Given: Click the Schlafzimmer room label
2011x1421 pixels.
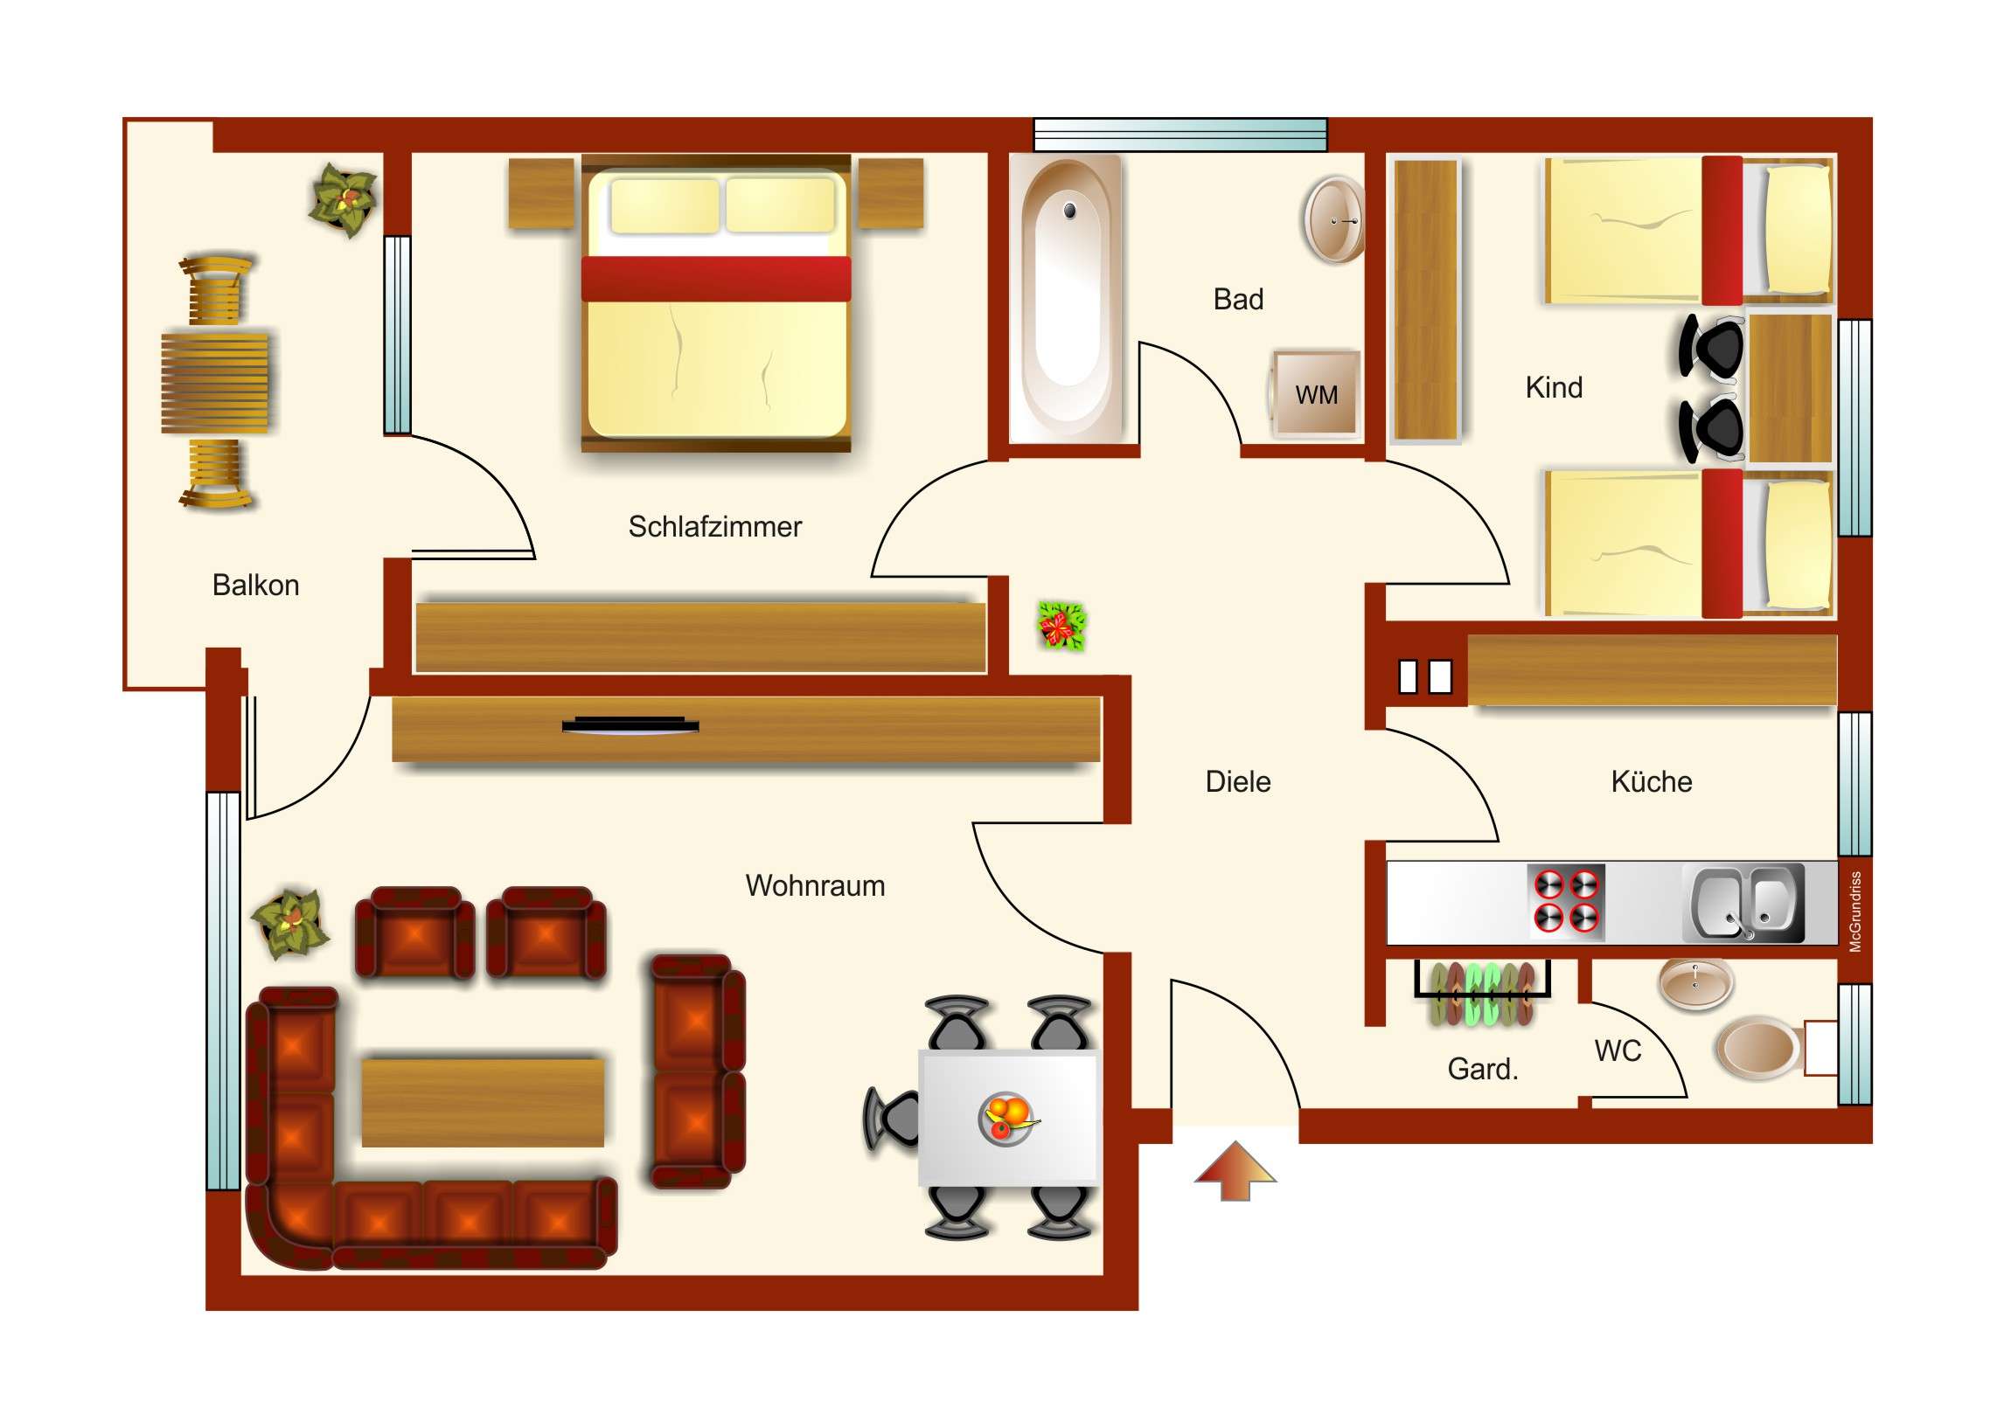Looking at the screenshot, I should (x=714, y=527).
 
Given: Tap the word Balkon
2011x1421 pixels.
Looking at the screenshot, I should (x=256, y=586).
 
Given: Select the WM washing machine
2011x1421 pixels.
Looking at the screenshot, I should (x=1317, y=394).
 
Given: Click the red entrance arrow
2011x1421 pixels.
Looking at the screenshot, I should (x=1235, y=1170).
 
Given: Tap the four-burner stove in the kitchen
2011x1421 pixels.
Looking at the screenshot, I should (x=1566, y=902).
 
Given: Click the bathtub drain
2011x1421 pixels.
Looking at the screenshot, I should (x=1069, y=210).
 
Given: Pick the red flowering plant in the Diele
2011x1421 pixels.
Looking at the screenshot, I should (x=1061, y=625).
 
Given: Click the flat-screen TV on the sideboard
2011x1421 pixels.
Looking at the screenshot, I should (x=630, y=725).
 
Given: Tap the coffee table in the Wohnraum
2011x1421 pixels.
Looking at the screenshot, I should (x=483, y=1103).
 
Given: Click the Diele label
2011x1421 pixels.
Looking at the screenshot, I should (x=1237, y=782).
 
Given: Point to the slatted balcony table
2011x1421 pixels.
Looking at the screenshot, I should (x=215, y=382).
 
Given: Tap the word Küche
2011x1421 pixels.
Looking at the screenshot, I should (x=1651, y=782).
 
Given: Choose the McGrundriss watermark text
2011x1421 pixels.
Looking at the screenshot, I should (x=1854, y=911).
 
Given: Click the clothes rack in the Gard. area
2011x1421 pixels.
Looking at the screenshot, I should (x=1482, y=993).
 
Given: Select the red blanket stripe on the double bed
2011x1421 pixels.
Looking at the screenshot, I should (x=715, y=279).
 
